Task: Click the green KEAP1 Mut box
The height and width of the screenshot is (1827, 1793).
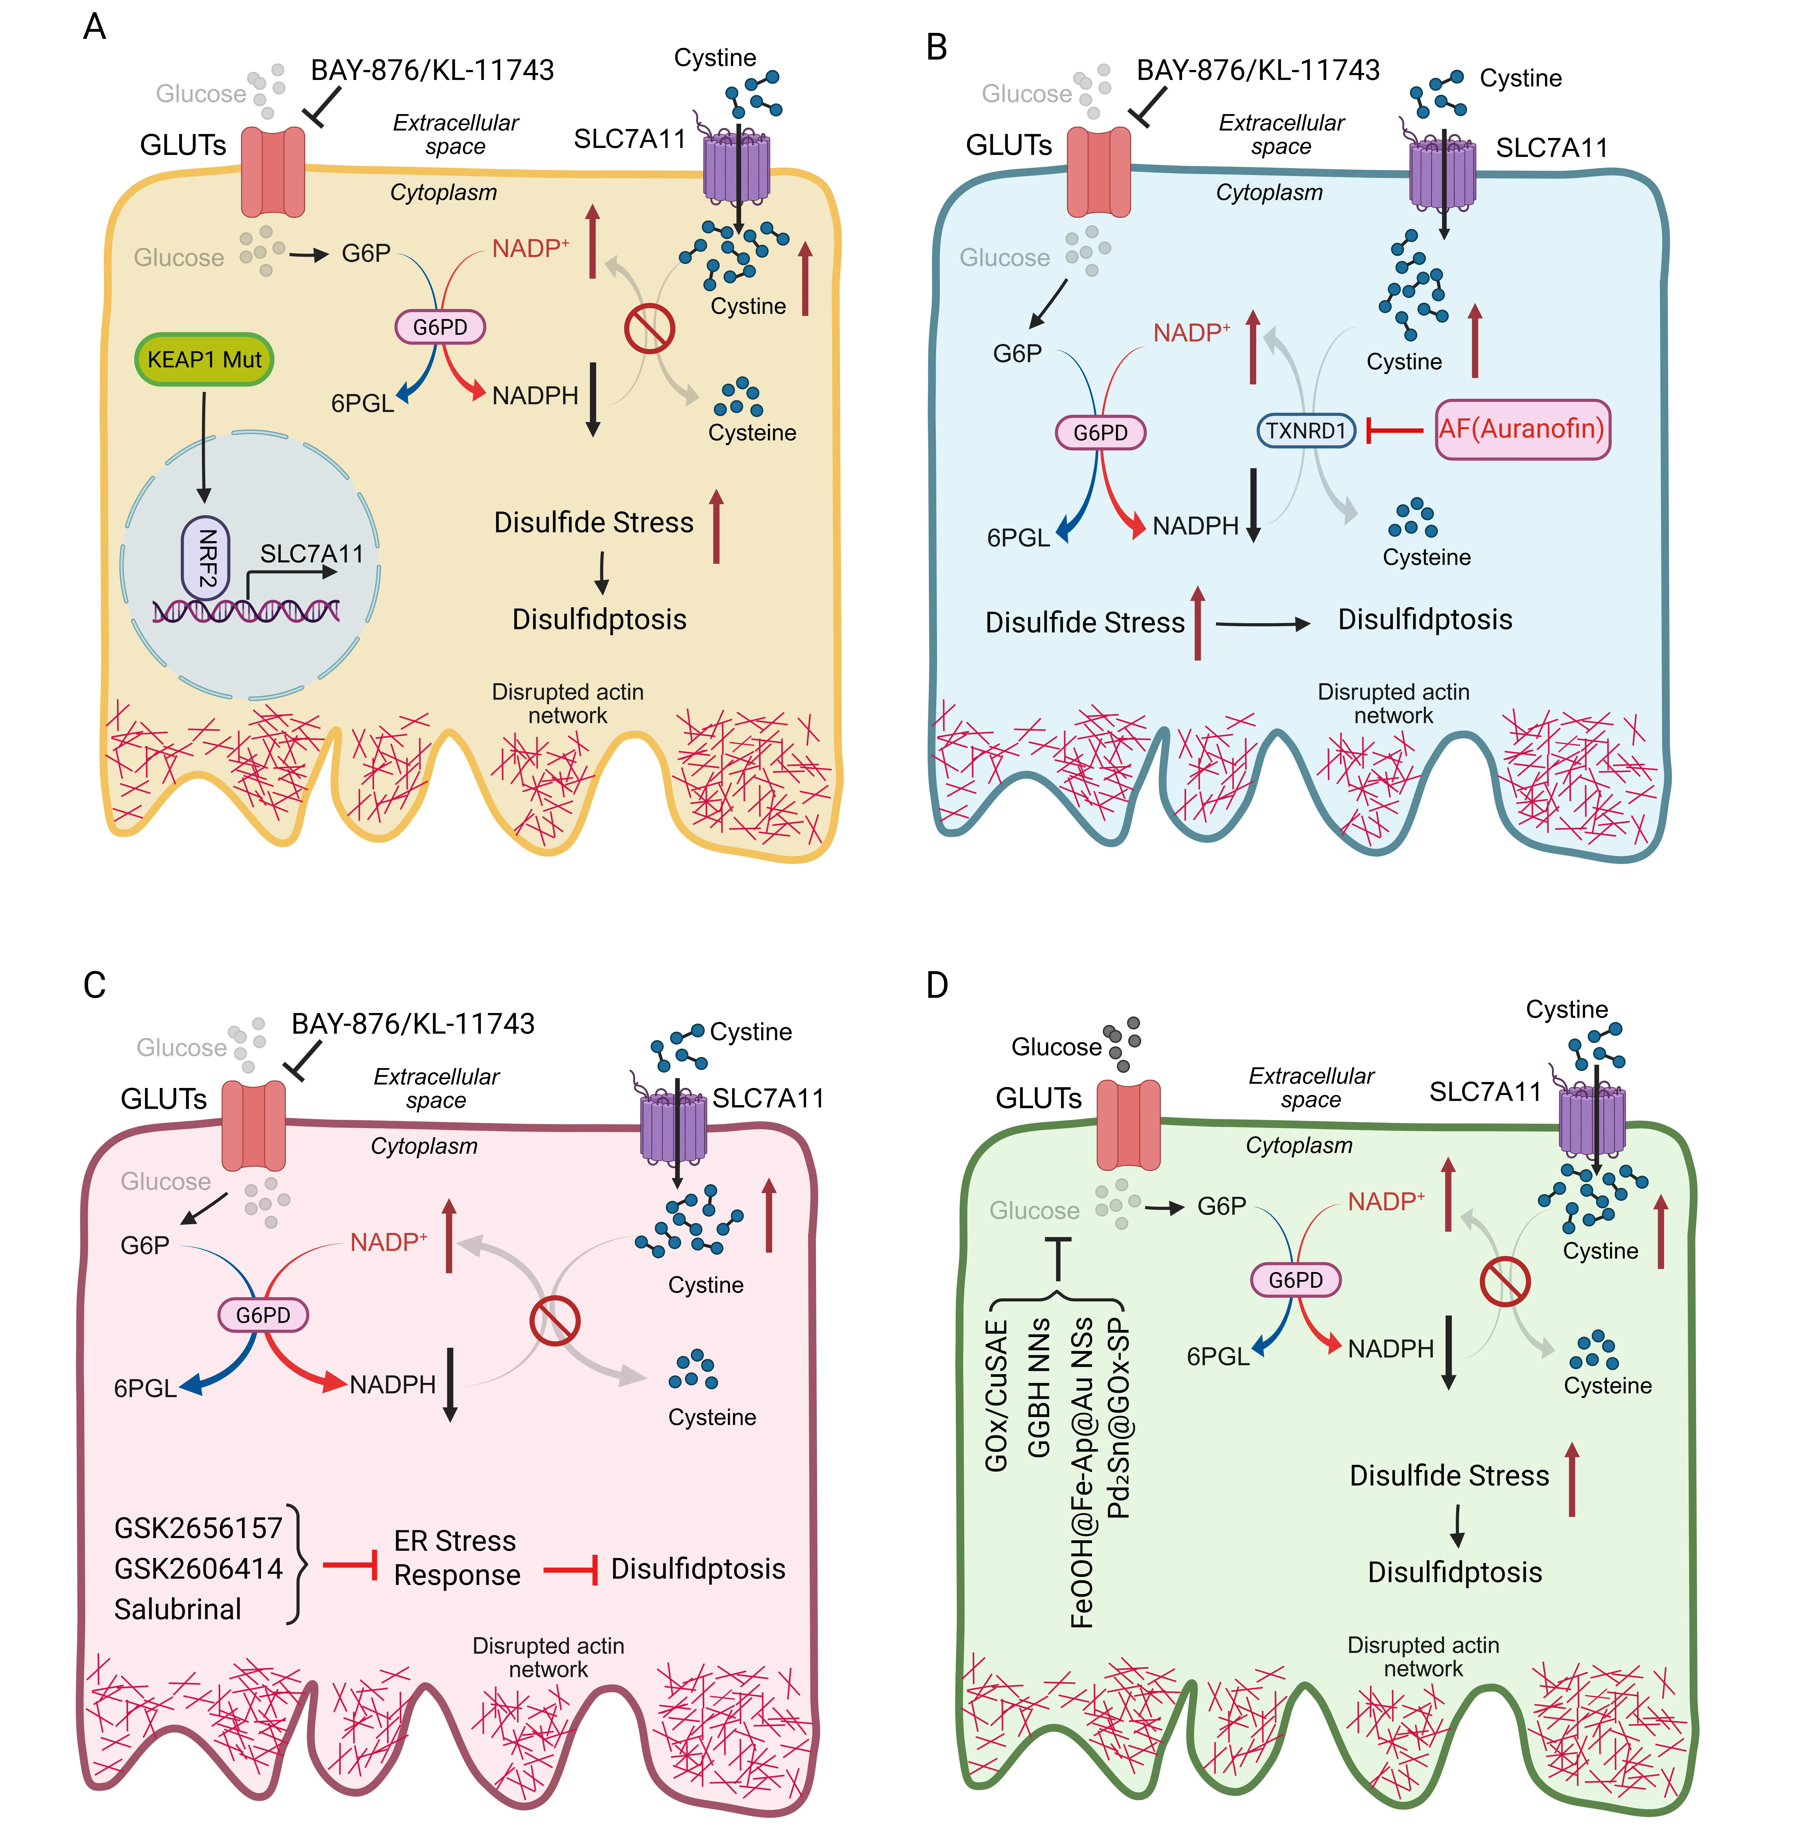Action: [204, 359]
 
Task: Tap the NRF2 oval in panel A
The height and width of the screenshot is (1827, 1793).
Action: [205, 557]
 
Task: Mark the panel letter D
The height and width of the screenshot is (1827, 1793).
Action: [937, 985]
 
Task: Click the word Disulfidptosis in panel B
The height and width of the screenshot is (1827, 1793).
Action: [1425, 620]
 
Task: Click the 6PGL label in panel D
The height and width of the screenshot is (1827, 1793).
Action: [1217, 1356]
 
